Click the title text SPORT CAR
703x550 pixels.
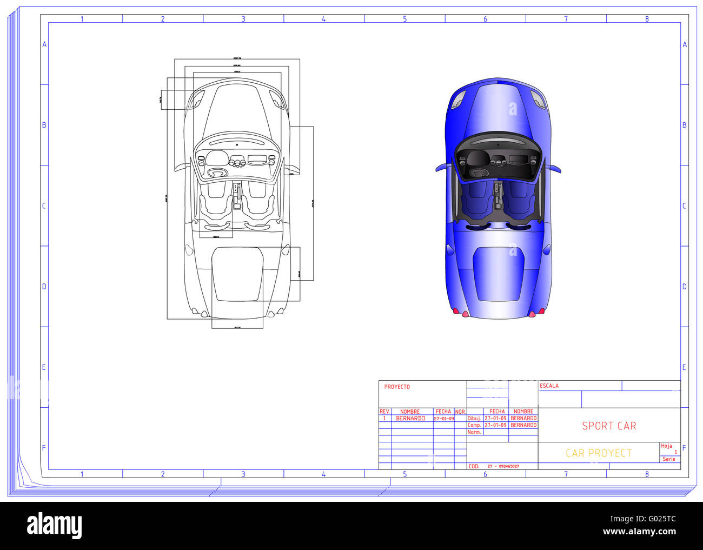pos(609,426)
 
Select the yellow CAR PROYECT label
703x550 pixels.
pos(598,453)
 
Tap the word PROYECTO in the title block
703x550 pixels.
pos(397,387)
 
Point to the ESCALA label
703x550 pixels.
pos(549,386)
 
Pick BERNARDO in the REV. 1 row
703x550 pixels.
pos(410,419)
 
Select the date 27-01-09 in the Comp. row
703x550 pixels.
pos(495,425)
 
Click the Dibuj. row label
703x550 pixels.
pos(474,419)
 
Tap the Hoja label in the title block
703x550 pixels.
pos(666,446)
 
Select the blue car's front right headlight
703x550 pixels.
pos(537,98)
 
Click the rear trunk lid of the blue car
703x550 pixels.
pos(498,273)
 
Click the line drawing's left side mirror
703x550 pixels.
pos(182,166)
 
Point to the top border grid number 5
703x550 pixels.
pos(404,19)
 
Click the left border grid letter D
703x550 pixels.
pos(44,286)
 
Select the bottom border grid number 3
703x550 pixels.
pos(243,474)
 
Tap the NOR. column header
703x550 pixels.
pos(460,412)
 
